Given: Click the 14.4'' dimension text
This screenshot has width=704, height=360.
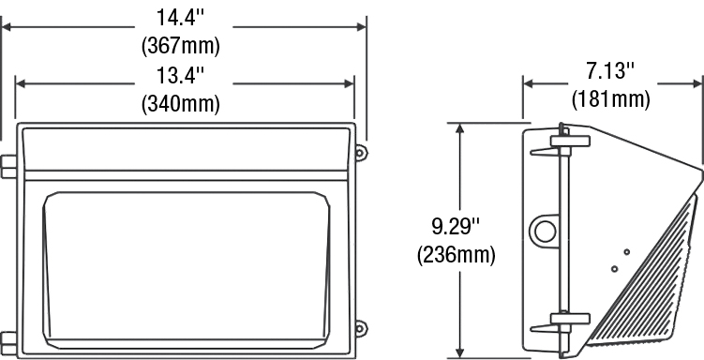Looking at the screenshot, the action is (180, 18).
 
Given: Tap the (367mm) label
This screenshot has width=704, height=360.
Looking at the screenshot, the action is (181, 46).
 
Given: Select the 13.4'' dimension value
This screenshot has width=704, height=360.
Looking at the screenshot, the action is (180, 75).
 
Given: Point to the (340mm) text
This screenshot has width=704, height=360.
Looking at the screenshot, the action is (181, 104).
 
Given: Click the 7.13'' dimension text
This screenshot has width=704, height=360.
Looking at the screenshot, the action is (610, 71).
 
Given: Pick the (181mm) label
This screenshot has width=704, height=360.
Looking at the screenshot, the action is (611, 99).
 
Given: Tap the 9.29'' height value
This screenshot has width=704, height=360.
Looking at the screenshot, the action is (457, 226).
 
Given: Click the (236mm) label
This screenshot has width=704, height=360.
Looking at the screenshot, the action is (457, 255).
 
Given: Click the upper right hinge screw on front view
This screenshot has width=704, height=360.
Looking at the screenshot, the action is (361, 153).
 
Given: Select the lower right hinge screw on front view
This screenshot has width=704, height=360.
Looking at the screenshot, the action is (361, 328).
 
